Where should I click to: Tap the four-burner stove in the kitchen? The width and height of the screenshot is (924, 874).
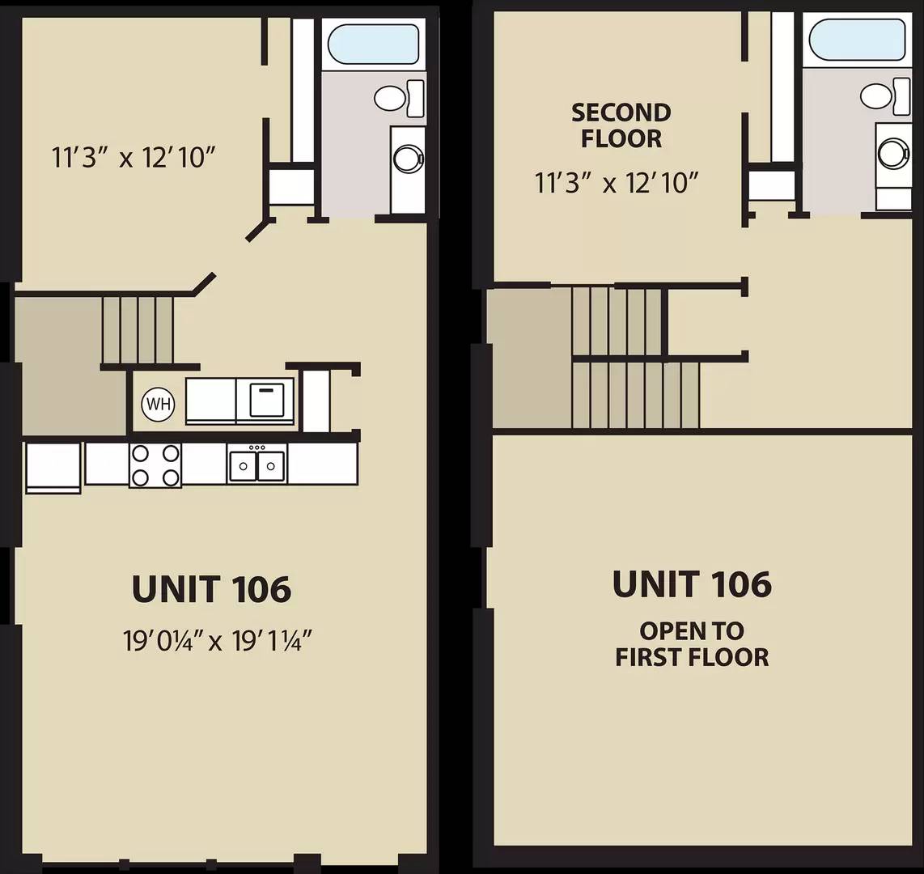[x=155, y=465]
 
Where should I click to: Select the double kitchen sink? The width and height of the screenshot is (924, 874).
[x=257, y=465]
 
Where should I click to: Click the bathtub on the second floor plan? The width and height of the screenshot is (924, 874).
[x=857, y=40]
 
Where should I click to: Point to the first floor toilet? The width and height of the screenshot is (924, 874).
[x=399, y=99]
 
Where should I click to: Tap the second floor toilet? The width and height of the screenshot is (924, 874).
[x=886, y=95]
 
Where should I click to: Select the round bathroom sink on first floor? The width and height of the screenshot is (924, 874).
[x=408, y=158]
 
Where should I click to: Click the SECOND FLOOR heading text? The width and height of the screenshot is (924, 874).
[x=621, y=125]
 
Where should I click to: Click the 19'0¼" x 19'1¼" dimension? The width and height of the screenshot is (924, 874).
[x=217, y=641]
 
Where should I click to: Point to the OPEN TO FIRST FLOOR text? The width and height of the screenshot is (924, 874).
[x=692, y=644]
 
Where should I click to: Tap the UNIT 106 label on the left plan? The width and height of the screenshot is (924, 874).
[x=211, y=589]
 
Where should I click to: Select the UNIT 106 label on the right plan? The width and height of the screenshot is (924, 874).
[x=692, y=583]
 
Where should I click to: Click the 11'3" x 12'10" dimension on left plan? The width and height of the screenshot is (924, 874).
[x=134, y=157]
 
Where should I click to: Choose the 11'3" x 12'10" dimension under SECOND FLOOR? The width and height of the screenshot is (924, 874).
[x=617, y=183]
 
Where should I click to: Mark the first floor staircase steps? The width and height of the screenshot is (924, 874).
[x=138, y=330]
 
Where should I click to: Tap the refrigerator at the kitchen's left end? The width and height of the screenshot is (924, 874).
[x=53, y=468]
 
